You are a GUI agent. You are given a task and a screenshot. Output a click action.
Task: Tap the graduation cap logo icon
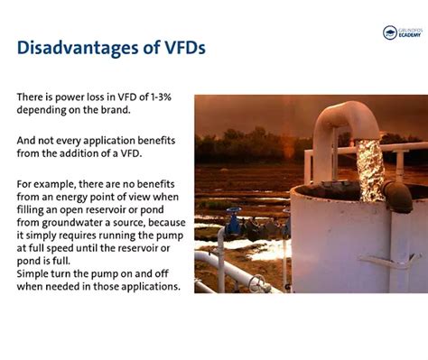tap(389, 32)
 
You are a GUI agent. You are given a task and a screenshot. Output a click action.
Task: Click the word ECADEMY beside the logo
tap(411, 36)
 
